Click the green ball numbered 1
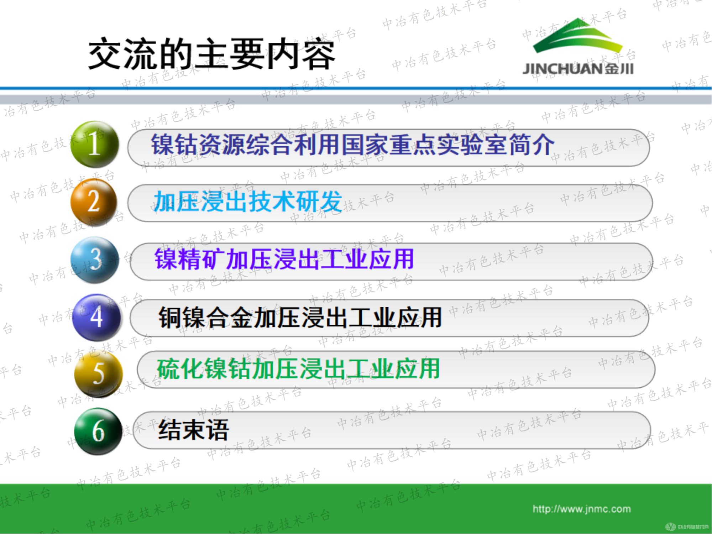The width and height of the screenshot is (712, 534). (x=95, y=144)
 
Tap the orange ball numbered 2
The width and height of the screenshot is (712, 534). (x=94, y=201)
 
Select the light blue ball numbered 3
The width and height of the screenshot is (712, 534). (x=95, y=260)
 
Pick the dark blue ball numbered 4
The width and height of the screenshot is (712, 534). (x=96, y=317)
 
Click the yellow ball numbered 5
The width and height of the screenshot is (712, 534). (x=98, y=373)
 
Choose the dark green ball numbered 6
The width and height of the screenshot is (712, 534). (x=98, y=431)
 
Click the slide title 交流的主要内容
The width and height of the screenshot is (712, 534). (x=212, y=54)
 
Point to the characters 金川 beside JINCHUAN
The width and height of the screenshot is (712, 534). (x=619, y=68)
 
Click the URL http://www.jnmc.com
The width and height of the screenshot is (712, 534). (x=581, y=509)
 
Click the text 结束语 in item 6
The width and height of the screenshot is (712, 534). (x=193, y=430)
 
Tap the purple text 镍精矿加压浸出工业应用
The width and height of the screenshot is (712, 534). (x=284, y=259)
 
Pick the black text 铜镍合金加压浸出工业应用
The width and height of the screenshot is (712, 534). (x=300, y=317)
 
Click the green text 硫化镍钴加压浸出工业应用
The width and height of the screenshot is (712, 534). (x=298, y=369)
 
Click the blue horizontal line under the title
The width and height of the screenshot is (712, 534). (x=356, y=88)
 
